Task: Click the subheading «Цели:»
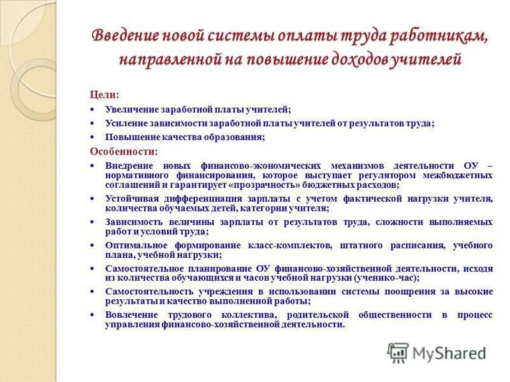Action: click(x=105, y=94)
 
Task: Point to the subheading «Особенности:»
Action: click(x=123, y=152)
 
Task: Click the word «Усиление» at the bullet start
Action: click(x=126, y=124)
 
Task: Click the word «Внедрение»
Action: click(x=130, y=165)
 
